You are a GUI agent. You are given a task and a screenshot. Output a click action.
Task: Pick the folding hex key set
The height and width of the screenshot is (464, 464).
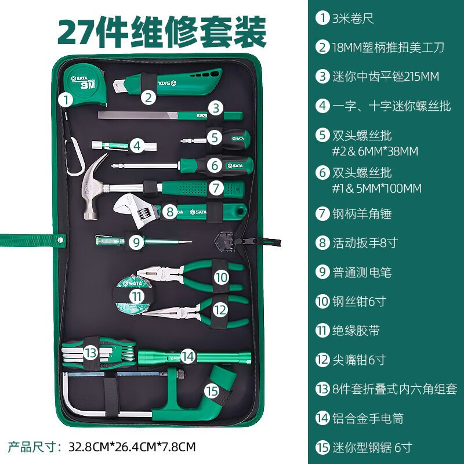click(99, 352)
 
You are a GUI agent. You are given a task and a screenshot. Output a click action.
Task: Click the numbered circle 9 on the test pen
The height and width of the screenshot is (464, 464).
click(136, 242)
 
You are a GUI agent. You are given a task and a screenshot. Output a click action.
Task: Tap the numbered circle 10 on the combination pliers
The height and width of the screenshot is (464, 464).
click(221, 277)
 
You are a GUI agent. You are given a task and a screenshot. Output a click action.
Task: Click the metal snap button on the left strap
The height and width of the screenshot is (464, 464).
click(61, 237)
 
